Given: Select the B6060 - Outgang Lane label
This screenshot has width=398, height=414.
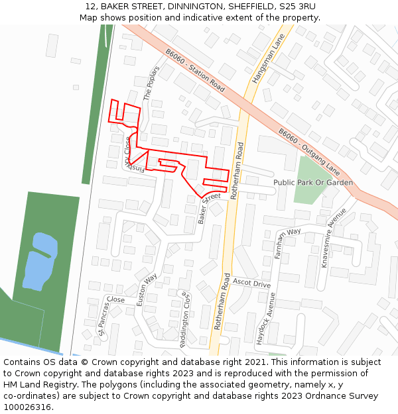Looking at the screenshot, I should pos(309,152).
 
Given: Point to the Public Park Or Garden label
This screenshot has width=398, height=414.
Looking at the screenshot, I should pos(313,182).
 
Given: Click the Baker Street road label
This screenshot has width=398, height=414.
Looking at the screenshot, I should pos(209,207).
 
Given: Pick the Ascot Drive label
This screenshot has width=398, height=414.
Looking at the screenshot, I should pos(251,283).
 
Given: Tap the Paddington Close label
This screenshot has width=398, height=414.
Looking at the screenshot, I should pos(184,320).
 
